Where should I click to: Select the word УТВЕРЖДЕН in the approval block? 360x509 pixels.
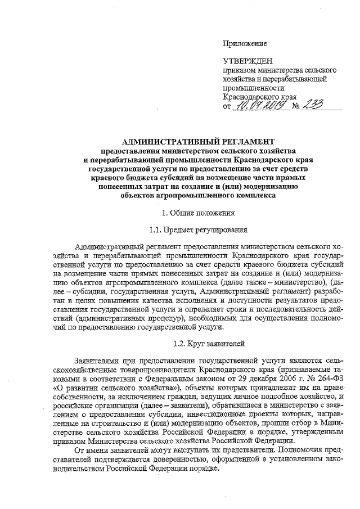[247, 62]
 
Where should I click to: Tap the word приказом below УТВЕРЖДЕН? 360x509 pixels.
[238, 71]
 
